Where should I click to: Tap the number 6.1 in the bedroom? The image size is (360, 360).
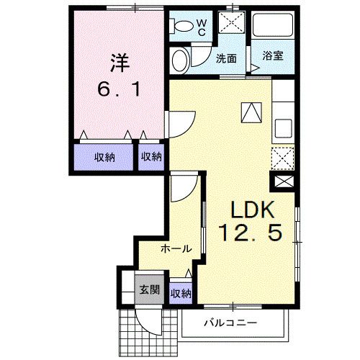point(120,92)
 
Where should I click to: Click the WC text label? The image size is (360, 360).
point(202,27)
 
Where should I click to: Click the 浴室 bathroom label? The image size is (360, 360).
point(271,56)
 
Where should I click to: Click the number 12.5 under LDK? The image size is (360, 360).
point(251,233)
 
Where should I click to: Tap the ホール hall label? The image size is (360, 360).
point(176,249)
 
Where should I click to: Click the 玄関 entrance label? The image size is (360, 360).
point(149,290)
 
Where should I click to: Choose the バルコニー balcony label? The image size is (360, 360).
point(230,322)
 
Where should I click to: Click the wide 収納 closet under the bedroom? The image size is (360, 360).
point(104,156)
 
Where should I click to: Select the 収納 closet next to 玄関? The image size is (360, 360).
point(181,294)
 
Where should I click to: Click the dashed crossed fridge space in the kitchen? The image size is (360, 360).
point(282,156)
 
